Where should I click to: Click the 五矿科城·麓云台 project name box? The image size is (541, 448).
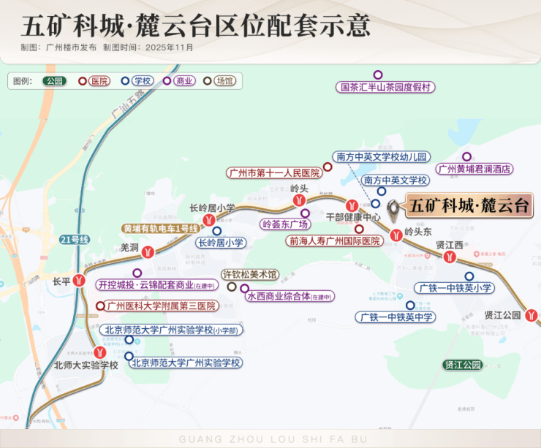click(469, 206)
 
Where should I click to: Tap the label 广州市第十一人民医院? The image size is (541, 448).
click(273, 173)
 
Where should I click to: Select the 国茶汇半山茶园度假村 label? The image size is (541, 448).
click(386, 87)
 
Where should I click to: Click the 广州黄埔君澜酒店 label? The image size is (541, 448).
click(474, 169)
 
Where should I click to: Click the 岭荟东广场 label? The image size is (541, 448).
click(285, 224)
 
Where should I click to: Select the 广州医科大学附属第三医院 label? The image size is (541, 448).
click(161, 305)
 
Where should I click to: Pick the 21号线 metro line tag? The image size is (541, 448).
click(75, 240)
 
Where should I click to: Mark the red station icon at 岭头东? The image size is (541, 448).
click(396, 235)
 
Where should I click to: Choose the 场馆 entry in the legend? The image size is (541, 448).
click(222, 81)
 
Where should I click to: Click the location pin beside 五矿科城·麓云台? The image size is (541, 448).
click(395, 209)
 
